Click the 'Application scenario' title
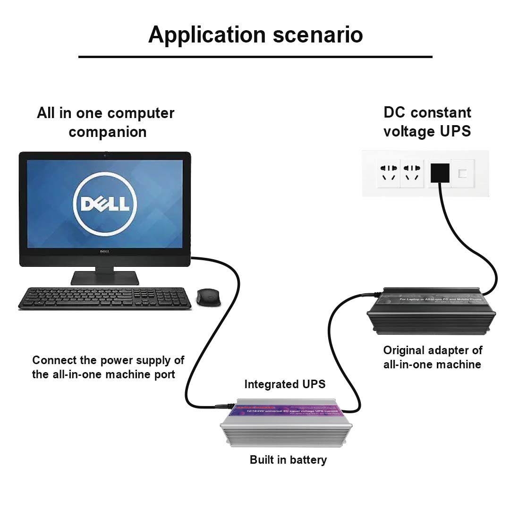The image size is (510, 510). coord(255,35)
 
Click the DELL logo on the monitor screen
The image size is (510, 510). coord(105,204)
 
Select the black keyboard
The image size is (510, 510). coord(104,298)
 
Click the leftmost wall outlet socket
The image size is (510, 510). coord(388,173)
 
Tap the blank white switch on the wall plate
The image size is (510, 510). coord(462,173)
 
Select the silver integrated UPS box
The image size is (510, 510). coord(286,425)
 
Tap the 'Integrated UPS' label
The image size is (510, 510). coord(285,384)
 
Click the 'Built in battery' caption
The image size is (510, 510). coord(288,459)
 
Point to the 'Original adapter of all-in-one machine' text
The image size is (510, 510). coord(433,357)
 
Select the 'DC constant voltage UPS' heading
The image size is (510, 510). coord(427,121)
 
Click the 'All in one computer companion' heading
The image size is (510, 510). coord(106,122)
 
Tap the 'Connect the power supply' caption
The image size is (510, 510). coord(108,367)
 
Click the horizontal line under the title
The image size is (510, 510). coord(255,57)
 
